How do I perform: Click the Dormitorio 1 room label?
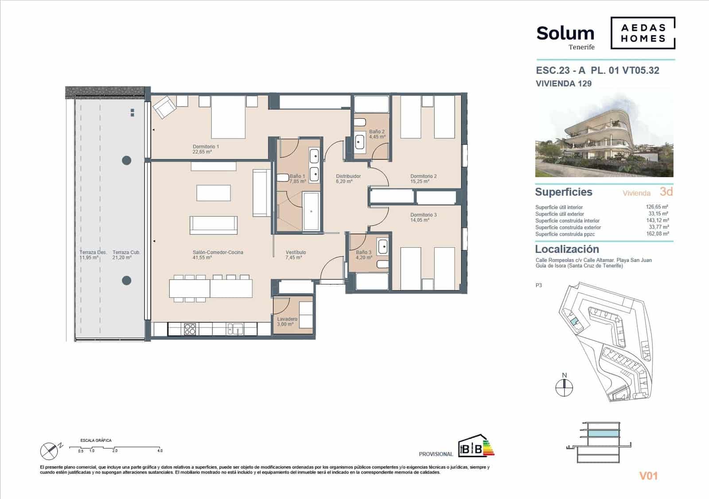tap(206, 149)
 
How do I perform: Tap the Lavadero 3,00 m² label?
tap(287, 321)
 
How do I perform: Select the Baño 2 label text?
tap(377, 134)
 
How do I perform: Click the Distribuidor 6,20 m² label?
tap(348, 179)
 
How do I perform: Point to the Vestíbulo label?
tap(296, 254)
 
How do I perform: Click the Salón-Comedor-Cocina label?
tap(218, 254)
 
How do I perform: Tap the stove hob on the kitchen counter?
tap(190, 329)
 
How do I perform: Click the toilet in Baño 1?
tap(281, 178)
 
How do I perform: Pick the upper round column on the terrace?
tap(126, 160)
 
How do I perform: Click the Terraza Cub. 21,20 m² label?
tap(126, 254)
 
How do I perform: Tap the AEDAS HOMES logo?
tap(643, 33)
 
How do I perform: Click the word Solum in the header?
tap(565, 33)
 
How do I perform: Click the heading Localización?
tap(567, 249)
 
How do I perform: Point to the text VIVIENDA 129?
tap(563, 83)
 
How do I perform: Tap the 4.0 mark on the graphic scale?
tap(160, 451)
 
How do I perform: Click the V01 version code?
tap(648, 476)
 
